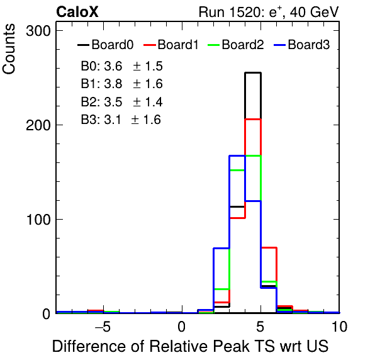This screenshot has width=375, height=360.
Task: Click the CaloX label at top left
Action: point(77,12)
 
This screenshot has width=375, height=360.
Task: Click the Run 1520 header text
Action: point(269,12)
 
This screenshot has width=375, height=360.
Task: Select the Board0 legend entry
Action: point(106,45)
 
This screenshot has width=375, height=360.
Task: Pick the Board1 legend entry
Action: point(171,45)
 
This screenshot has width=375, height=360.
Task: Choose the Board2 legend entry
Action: point(236,45)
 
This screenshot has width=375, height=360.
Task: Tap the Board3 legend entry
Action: point(302,45)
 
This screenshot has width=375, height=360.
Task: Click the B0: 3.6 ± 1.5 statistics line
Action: point(121,66)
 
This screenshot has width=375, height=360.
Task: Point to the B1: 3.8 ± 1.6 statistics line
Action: point(121,84)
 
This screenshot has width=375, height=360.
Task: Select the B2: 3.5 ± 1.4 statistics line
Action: point(121,102)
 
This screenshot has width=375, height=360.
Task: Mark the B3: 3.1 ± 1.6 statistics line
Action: point(121,120)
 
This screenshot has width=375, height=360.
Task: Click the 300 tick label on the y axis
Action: point(38,31)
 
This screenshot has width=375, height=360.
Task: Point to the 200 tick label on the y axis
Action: point(38,125)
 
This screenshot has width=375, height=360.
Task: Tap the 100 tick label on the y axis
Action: point(38,220)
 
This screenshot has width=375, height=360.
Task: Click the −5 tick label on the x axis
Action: point(103,327)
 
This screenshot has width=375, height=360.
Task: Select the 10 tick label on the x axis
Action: point(339,327)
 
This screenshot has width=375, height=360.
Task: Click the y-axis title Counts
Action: point(9,49)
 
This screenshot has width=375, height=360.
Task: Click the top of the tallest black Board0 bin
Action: point(253,72)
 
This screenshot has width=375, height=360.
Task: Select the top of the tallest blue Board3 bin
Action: point(237,156)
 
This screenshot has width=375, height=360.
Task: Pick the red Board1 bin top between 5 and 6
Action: point(269,247)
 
